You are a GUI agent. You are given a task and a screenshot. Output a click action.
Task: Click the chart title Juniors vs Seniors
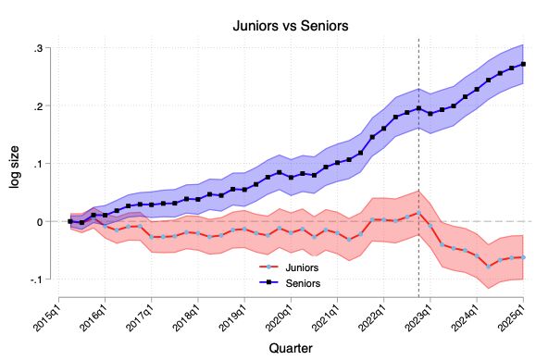pyautogui.click(x=290, y=26)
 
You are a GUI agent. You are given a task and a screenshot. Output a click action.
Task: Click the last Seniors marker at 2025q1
pyautogui.click(x=523, y=64)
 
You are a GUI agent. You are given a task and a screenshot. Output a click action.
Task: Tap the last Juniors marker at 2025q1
pyautogui.click(x=523, y=257)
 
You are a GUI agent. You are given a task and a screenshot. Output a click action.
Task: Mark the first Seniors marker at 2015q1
pyautogui.click(x=70, y=222)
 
